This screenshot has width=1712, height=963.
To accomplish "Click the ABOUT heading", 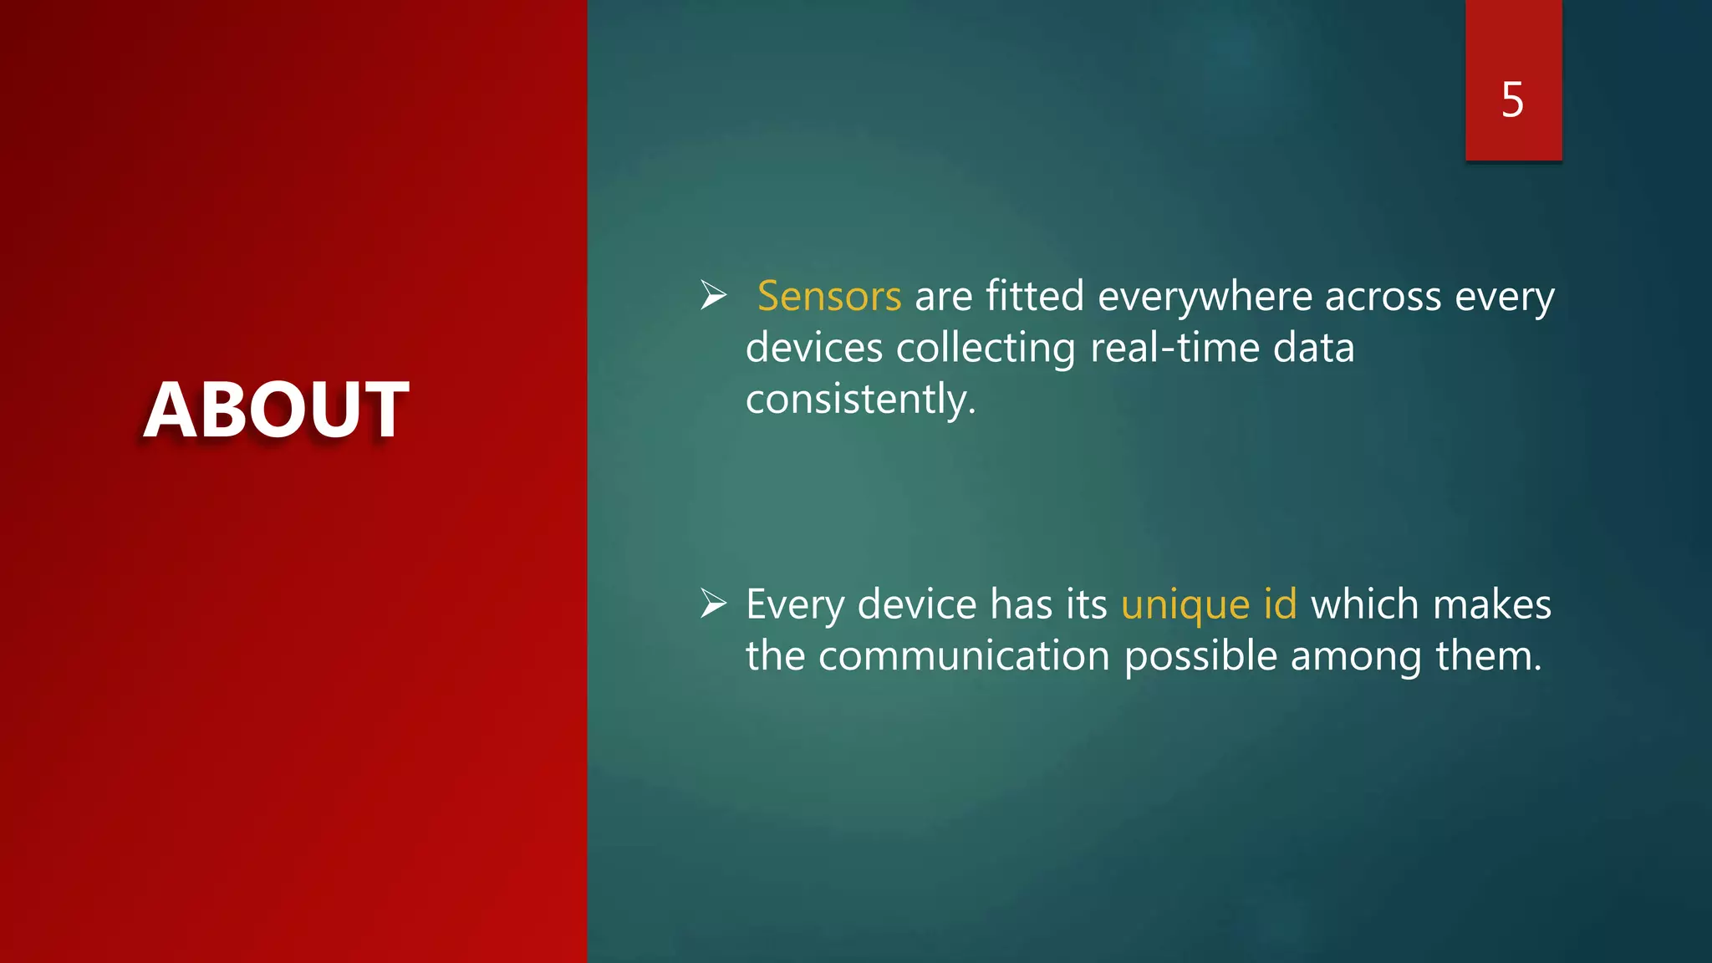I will [276, 410].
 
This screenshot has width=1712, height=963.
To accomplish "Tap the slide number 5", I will [1512, 100].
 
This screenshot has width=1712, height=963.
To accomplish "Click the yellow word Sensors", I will [828, 296].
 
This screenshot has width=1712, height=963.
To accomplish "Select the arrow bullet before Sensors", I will [713, 295].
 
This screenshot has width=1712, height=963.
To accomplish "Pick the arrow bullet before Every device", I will [713, 604].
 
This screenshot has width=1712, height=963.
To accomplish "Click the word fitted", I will [1034, 296].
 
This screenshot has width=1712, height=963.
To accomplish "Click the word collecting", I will [986, 348].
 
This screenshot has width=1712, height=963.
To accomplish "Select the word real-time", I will [1174, 348].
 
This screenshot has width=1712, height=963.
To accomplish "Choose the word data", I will [1313, 348].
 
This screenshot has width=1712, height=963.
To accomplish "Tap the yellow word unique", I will [1185, 605].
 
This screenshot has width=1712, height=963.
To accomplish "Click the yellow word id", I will [1280, 604].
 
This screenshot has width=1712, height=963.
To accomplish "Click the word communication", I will [963, 656].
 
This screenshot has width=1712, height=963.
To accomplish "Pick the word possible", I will [1200, 656].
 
